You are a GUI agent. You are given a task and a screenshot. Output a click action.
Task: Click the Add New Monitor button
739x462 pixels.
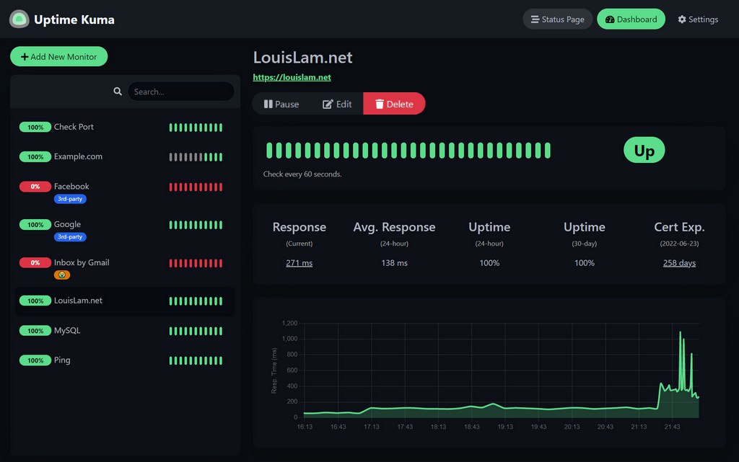tap(58, 57)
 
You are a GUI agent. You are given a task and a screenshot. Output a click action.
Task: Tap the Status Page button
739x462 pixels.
tap(557, 19)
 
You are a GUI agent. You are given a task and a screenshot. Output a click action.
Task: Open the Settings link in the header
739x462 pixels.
tap(698, 19)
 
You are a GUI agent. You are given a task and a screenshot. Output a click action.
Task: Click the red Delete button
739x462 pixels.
tap(394, 104)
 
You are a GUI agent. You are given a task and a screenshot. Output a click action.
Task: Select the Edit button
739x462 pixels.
tap(337, 104)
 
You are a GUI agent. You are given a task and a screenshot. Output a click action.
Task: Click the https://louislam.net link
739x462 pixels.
tap(292, 77)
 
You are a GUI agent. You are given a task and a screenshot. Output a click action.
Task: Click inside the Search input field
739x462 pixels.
tap(180, 92)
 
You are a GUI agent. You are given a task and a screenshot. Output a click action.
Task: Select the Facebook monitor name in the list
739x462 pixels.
tap(71, 186)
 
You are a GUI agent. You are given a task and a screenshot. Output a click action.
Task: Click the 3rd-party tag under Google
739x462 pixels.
tap(70, 236)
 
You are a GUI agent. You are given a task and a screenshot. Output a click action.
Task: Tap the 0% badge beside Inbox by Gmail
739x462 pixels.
tap(35, 263)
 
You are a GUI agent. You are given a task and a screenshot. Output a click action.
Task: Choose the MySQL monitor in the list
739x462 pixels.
tap(67, 331)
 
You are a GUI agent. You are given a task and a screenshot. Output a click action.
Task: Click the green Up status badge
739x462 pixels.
tap(644, 151)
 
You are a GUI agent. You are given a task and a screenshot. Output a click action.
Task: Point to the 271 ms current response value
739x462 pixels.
tap(299, 263)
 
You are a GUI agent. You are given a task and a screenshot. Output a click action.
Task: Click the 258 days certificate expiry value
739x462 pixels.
tap(679, 263)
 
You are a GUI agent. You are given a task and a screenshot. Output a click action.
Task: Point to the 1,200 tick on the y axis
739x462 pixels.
tap(289, 323)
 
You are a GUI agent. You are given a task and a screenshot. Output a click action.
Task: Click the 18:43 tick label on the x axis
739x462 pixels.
tap(471, 427)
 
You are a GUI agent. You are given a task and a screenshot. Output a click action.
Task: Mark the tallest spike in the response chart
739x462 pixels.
tap(680, 332)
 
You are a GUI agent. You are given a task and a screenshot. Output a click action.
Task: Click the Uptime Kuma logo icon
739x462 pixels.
tap(19, 19)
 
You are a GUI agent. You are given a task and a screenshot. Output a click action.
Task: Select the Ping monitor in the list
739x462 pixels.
tap(62, 360)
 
